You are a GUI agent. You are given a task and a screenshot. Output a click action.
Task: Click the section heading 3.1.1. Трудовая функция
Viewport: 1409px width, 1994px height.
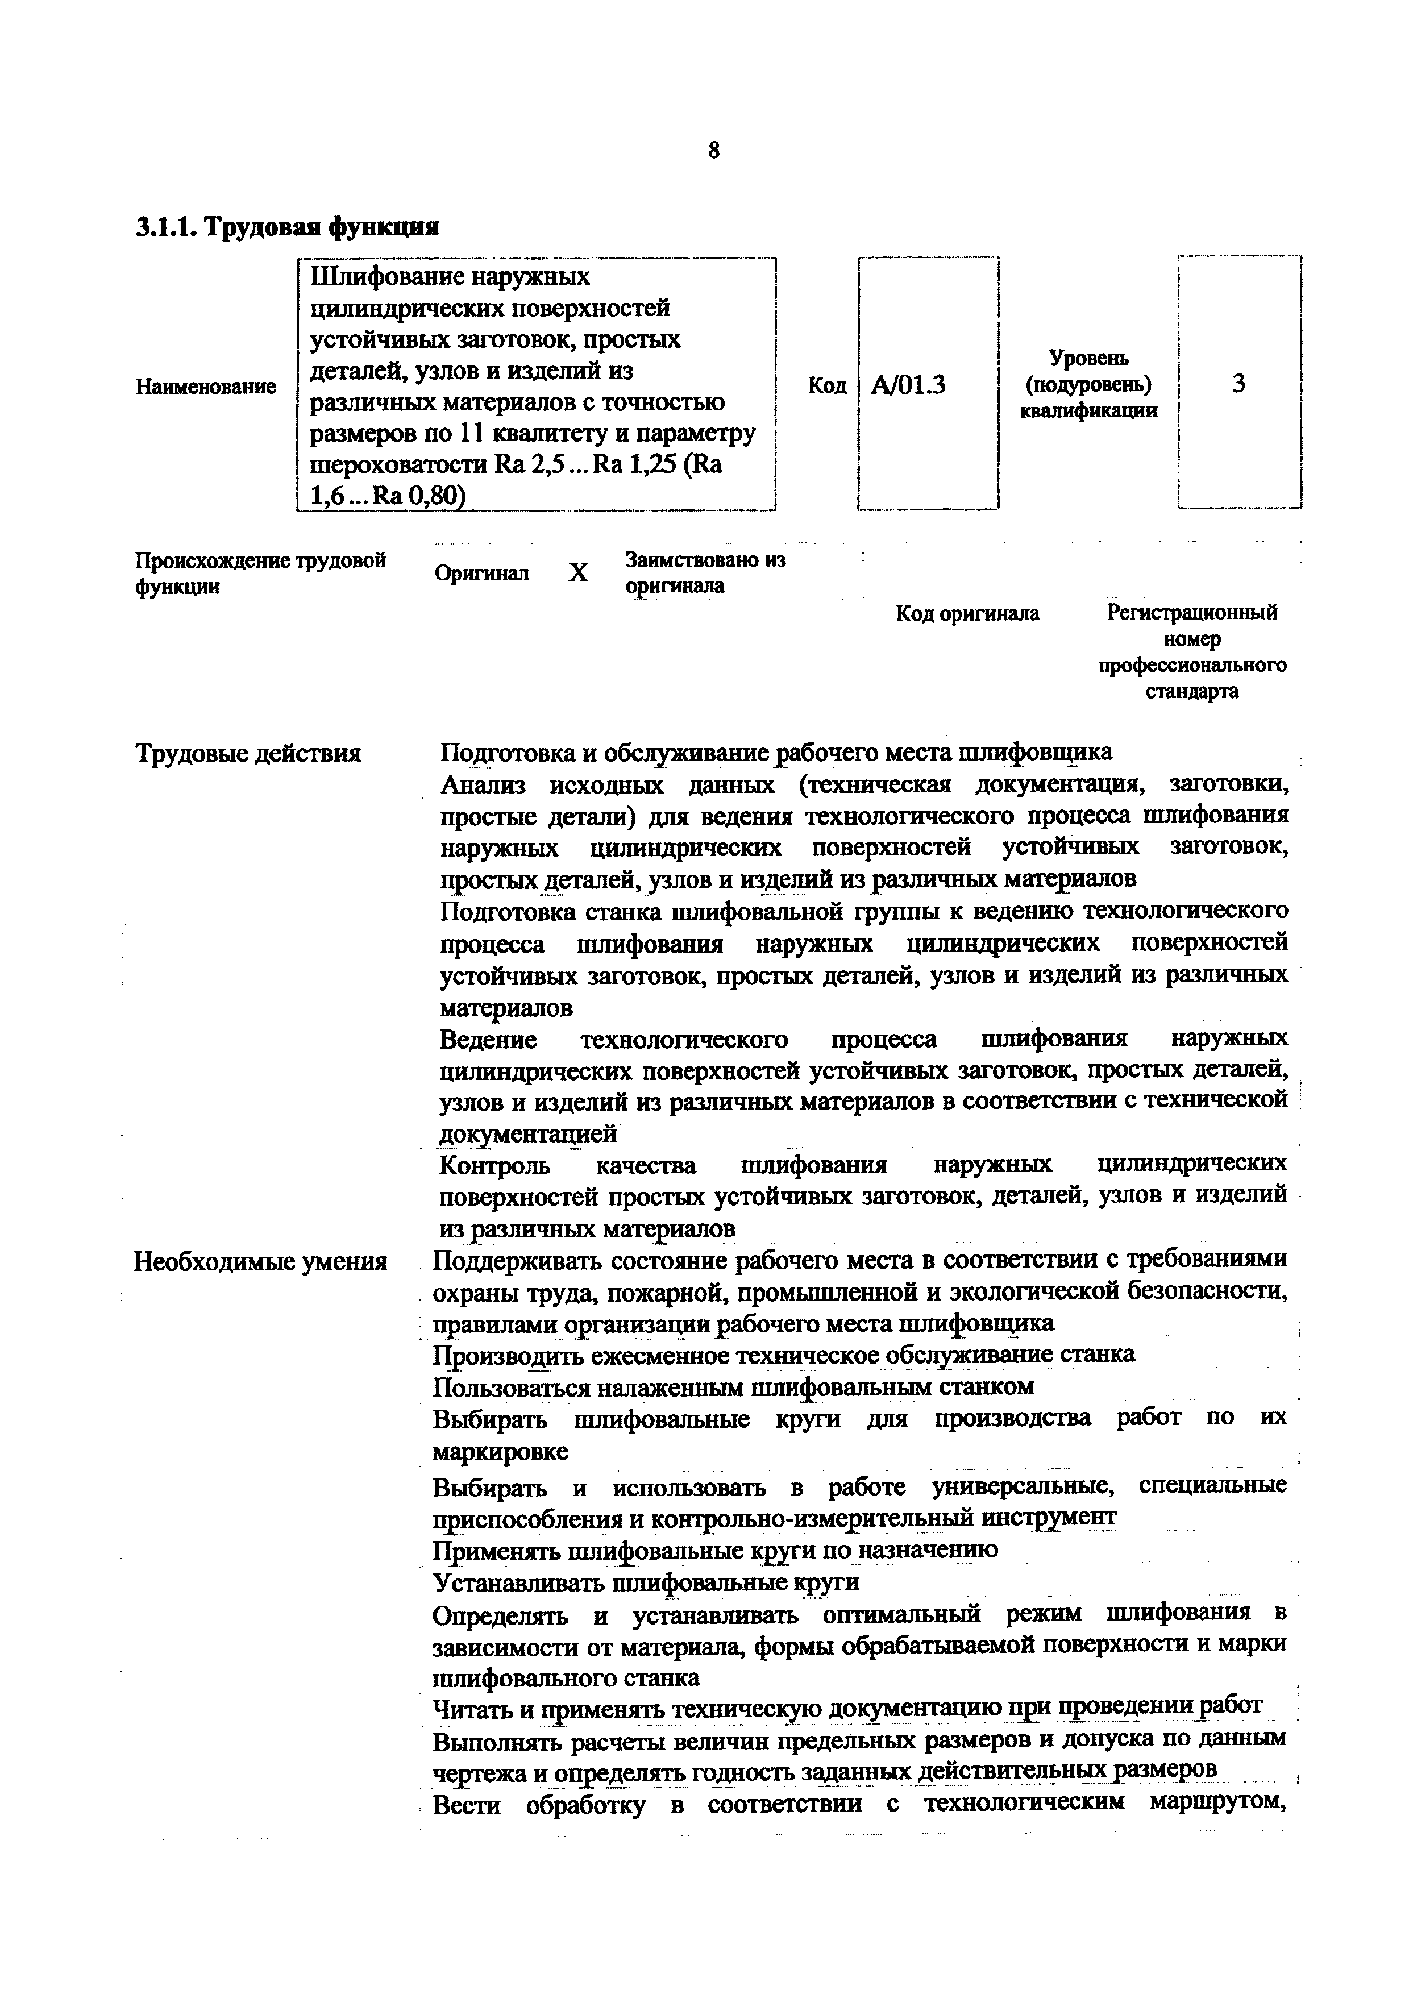(288, 227)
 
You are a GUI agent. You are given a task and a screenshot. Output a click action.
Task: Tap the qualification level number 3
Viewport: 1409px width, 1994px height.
(1239, 383)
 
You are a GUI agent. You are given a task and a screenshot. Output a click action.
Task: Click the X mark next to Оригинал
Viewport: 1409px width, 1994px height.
(578, 573)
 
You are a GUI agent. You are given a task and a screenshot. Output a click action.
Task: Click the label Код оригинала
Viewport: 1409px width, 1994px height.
(967, 614)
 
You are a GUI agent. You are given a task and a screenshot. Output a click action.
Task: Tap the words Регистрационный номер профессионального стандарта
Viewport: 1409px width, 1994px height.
(1192, 651)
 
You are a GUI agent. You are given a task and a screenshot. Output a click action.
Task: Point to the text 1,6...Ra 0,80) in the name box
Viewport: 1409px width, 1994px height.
(388, 495)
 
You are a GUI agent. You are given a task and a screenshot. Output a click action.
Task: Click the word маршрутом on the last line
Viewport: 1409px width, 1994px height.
(1215, 1803)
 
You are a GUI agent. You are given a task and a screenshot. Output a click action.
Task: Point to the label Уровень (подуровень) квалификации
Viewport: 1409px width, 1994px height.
(1088, 384)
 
